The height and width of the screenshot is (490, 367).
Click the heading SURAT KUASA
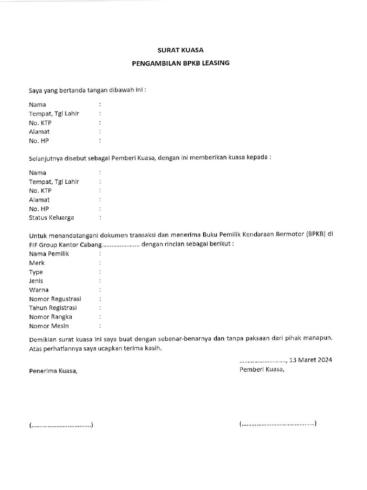(181, 50)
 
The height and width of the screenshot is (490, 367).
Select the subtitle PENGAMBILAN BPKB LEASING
(181, 63)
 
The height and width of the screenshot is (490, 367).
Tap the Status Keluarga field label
(51, 218)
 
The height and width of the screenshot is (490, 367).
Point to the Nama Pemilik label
(49, 254)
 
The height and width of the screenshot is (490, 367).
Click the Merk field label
(37, 263)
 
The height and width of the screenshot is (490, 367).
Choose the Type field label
(36, 272)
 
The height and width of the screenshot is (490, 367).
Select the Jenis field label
(36, 281)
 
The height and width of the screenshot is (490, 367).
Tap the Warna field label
(39, 290)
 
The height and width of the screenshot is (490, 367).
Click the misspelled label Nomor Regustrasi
(55, 299)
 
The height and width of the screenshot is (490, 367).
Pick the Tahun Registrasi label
(53, 308)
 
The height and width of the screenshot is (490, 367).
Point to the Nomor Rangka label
(50, 317)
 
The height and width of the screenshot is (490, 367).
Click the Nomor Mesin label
(49, 326)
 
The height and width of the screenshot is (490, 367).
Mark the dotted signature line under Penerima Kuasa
(61, 425)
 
